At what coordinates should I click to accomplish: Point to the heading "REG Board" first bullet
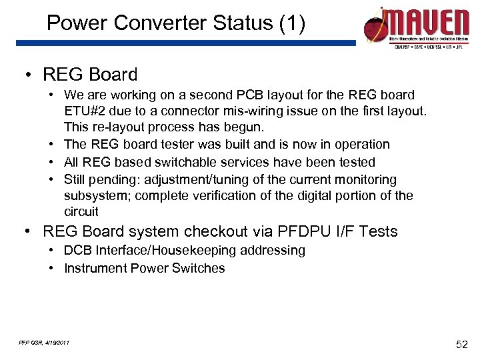tap(90, 75)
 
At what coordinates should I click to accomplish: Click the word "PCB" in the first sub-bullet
tap(237, 95)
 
